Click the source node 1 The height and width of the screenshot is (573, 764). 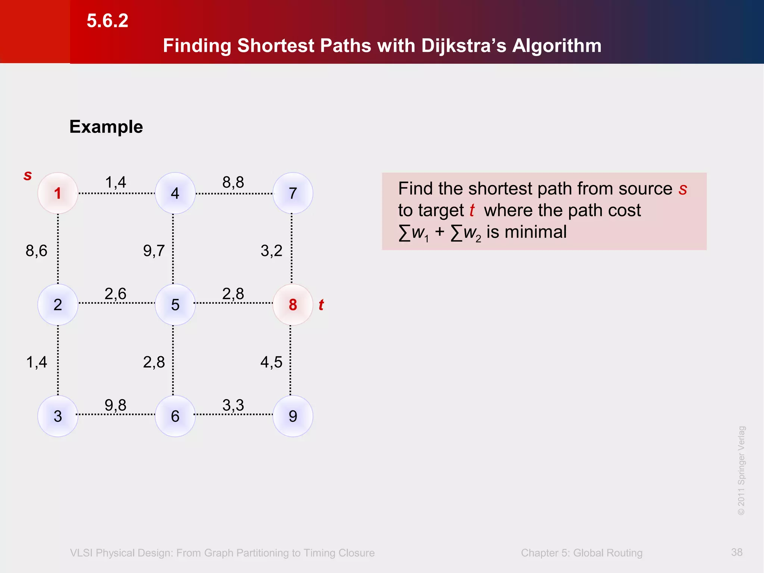pyautogui.click(x=58, y=193)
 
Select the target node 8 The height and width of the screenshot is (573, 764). pyautogui.click(x=293, y=305)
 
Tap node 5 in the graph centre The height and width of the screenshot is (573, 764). pyautogui.click(x=175, y=305)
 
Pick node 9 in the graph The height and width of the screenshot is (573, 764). pyautogui.click(x=293, y=416)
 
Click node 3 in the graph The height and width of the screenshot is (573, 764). pyautogui.click(x=58, y=416)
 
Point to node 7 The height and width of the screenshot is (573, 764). pyautogui.click(x=293, y=193)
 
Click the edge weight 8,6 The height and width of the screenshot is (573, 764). pyautogui.click(x=37, y=251)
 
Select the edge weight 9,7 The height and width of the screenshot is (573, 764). pyautogui.click(x=154, y=251)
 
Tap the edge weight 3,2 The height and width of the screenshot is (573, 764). pyautogui.click(x=271, y=251)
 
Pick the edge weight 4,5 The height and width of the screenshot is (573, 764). pyautogui.click(x=271, y=362)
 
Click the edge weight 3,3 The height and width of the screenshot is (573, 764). pyautogui.click(x=233, y=405)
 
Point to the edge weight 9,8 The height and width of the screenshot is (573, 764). pyautogui.click(x=116, y=405)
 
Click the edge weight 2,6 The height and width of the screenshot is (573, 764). pyautogui.click(x=116, y=294)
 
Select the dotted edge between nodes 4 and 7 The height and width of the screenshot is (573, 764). pyautogui.click(x=234, y=194)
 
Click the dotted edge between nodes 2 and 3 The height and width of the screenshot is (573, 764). pyautogui.click(x=58, y=360)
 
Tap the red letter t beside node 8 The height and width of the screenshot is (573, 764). pyautogui.click(x=321, y=305)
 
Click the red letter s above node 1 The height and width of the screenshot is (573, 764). pyautogui.click(x=28, y=175)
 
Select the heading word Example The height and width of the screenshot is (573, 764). pyautogui.click(x=106, y=127)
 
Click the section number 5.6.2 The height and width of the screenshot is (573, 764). pyautogui.click(x=107, y=21)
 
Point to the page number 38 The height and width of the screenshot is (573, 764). pyautogui.click(x=737, y=552)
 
